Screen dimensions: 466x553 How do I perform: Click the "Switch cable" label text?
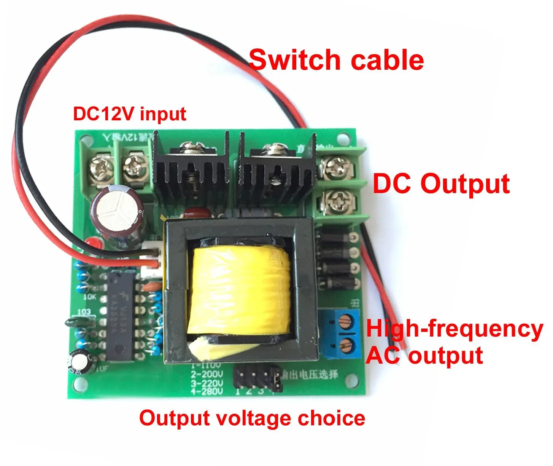(x=336, y=61)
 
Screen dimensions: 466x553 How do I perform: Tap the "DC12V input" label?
(x=129, y=114)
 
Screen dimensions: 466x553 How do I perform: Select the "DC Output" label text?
(x=441, y=184)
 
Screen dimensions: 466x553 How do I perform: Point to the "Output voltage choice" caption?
(x=252, y=418)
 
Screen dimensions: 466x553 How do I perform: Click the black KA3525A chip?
(x=119, y=316)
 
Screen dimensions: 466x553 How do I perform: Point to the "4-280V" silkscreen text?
(x=207, y=391)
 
